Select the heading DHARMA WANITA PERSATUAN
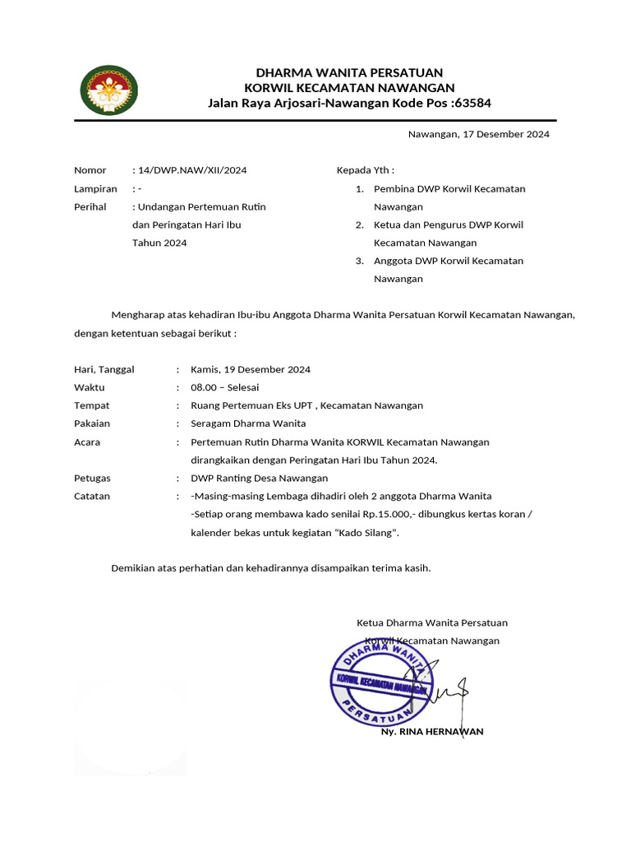pos(349,73)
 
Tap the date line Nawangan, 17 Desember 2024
pos(479,134)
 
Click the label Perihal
pos(90,206)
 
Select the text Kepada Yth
pos(360,170)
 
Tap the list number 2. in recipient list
pos(359,224)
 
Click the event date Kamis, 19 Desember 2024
pos(251,369)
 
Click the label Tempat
pos(91,405)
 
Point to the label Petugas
pos(92,478)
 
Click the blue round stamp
pos(379,681)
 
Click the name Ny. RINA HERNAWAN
pos(432,731)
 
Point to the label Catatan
pos(92,496)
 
